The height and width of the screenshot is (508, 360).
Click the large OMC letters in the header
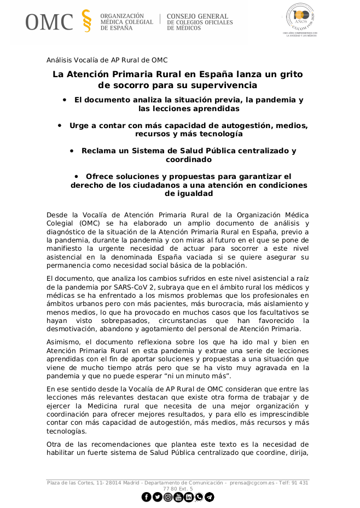point(49,21)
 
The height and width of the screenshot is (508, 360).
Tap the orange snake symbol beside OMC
point(86,21)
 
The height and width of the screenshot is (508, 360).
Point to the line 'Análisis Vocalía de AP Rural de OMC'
point(107,60)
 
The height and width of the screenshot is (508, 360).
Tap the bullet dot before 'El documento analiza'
point(65,100)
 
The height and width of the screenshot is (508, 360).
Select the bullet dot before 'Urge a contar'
point(60,125)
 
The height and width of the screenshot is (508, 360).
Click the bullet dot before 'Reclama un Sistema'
point(72,151)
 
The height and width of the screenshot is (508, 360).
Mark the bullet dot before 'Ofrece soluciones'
point(77,176)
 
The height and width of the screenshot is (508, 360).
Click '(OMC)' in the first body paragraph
point(91,223)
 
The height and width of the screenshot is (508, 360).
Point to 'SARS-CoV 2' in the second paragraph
point(135,287)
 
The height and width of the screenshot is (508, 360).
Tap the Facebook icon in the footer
point(146,497)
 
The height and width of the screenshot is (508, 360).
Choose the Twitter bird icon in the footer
point(157,497)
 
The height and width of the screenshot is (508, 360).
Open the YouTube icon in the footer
point(178,497)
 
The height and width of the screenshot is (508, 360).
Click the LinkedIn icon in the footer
point(188,497)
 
